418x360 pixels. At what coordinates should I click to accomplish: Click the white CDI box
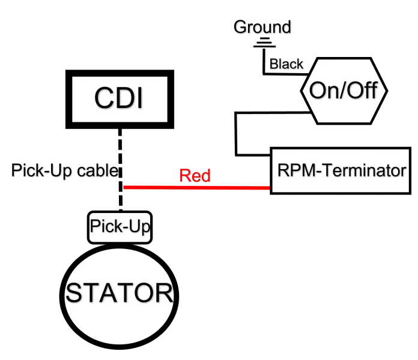(x=120, y=99)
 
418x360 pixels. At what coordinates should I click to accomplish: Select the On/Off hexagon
(x=343, y=91)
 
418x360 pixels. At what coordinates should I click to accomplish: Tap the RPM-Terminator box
(x=341, y=170)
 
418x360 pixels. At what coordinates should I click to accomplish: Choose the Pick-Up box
(x=120, y=227)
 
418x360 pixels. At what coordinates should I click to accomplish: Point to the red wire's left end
(x=124, y=188)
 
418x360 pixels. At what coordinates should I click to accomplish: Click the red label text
(x=195, y=176)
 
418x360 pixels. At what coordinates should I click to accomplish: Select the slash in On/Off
(x=342, y=91)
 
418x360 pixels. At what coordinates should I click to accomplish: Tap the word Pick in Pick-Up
(x=105, y=227)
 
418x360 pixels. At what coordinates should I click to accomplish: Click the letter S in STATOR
(x=74, y=293)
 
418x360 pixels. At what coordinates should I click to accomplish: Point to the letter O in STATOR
(x=144, y=293)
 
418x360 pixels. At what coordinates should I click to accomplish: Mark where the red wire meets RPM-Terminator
(x=270, y=188)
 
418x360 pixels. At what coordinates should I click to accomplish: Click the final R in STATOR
(x=163, y=293)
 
